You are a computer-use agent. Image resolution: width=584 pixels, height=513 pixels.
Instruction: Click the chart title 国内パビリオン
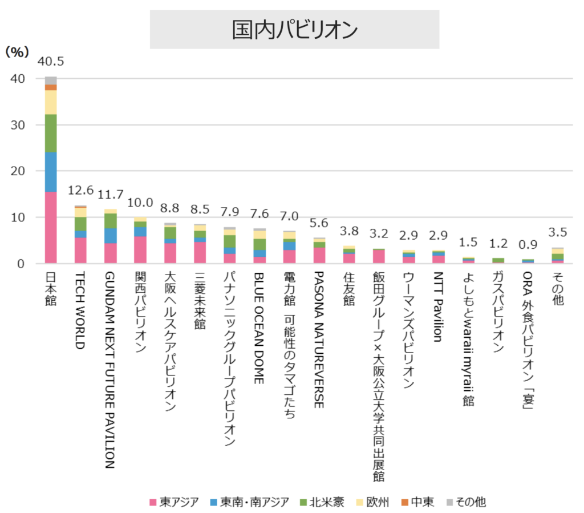point(294,30)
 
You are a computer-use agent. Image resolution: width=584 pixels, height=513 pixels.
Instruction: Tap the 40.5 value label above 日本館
point(51,62)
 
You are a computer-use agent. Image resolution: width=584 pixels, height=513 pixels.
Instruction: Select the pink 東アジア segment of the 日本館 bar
point(51,227)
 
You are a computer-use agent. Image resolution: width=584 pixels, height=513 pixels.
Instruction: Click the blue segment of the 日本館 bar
point(51,172)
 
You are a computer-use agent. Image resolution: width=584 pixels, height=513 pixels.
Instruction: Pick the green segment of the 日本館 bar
point(51,133)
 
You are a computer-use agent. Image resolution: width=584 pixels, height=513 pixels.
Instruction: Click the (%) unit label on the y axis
point(17,51)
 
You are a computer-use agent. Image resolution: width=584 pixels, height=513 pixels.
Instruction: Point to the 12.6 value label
point(80,190)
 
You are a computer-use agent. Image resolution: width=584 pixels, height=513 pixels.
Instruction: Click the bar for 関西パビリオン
point(140,240)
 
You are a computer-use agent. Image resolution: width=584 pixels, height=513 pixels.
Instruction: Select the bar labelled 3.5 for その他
point(557,256)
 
